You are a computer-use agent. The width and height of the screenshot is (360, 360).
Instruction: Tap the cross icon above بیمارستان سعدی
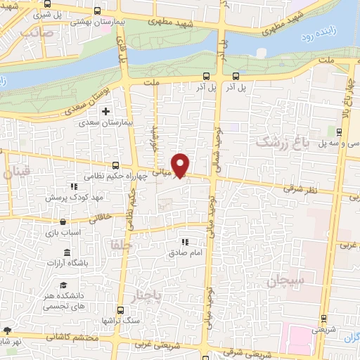point(106,111)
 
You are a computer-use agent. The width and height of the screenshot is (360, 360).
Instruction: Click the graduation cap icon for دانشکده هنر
point(63,285)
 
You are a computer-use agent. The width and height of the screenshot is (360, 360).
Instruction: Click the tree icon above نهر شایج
point(7,330)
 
